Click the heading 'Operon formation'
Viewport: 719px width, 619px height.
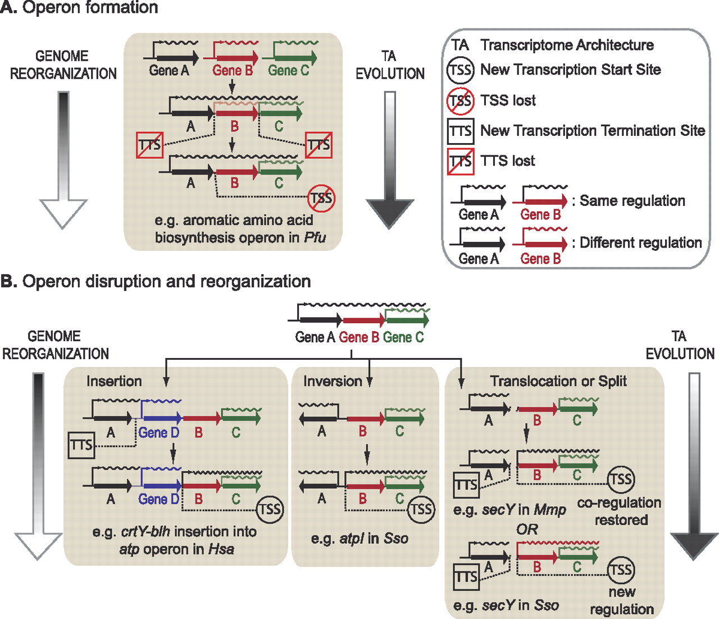point(90,8)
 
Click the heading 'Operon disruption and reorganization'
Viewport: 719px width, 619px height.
point(166,281)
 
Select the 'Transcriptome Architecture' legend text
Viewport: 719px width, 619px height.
point(567,45)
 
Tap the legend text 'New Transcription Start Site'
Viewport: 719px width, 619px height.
point(570,70)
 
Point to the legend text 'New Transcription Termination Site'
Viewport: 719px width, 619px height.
point(592,131)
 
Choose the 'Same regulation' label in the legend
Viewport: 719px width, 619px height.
point(632,201)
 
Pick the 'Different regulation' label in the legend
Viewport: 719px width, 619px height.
point(640,242)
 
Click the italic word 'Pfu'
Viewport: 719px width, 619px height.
point(315,238)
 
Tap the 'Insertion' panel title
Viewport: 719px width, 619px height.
point(114,382)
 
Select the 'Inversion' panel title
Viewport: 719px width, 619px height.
point(333,382)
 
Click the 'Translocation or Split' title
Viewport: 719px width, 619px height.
point(558,382)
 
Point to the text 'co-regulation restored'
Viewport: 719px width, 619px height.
point(619,511)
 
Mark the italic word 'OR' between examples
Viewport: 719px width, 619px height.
point(527,529)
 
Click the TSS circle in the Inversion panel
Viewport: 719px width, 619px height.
point(421,510)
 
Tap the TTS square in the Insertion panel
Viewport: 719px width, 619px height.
point(81,445)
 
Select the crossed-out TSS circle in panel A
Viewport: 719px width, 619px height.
point(321,198)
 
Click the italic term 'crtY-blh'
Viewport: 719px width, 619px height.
point(145,532)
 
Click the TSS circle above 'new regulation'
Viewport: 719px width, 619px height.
point(620,570)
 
